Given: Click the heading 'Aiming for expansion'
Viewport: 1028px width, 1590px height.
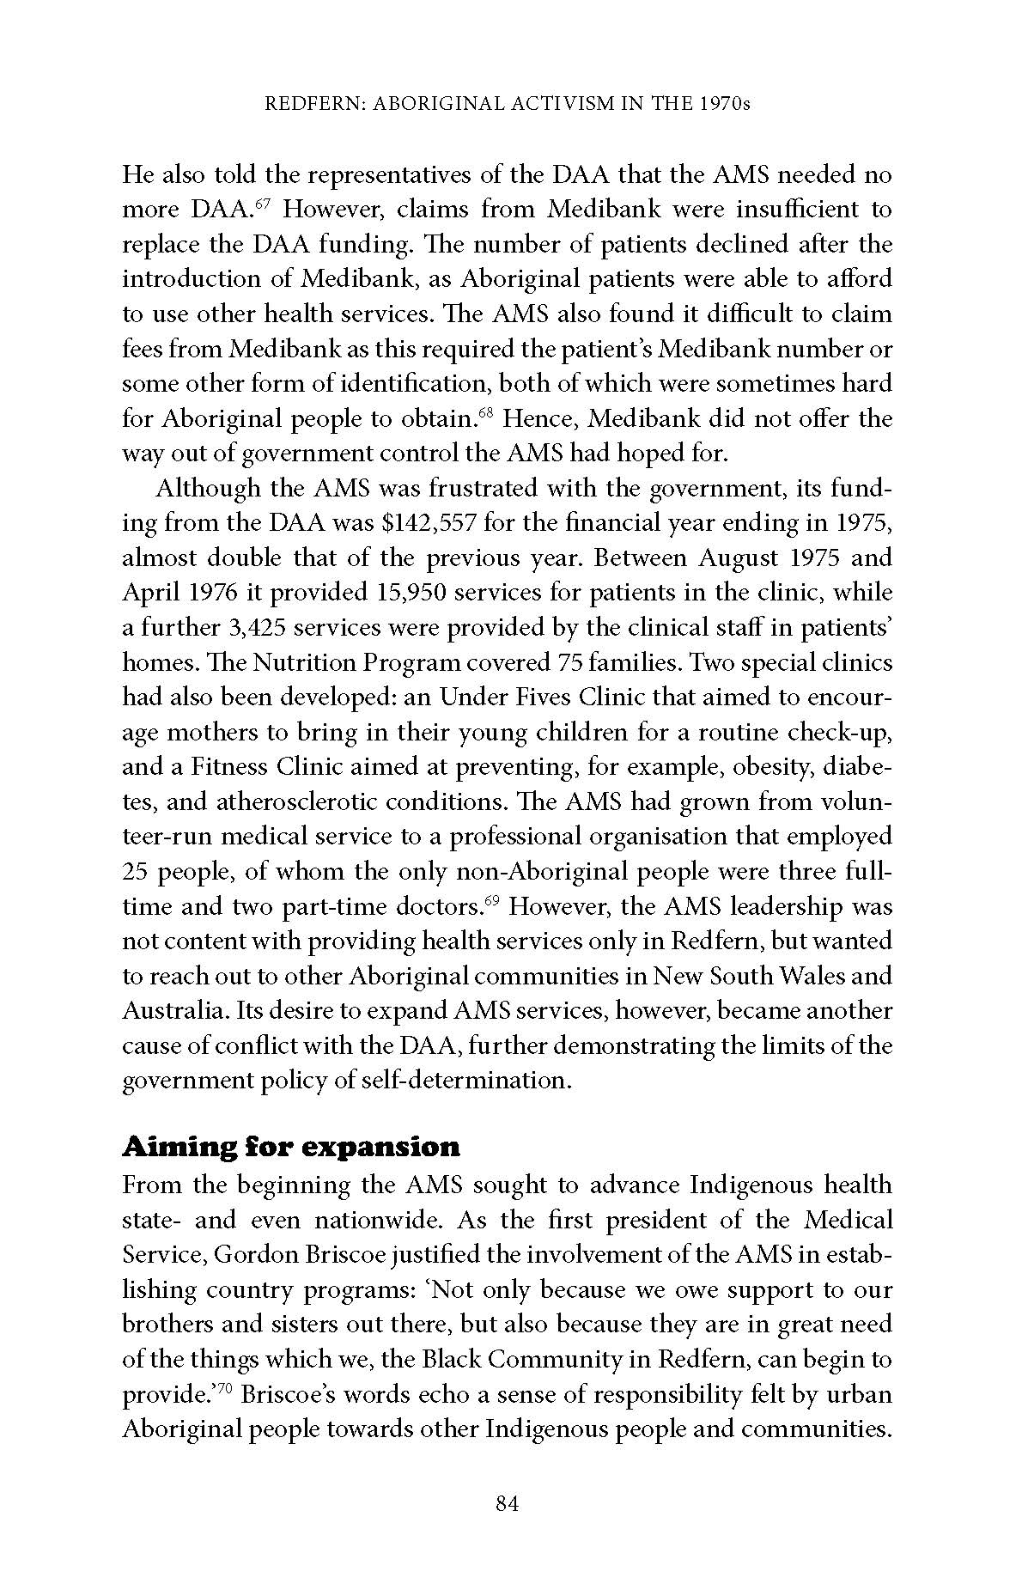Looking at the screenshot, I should pyautogui.click(x=291, y=1147).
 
